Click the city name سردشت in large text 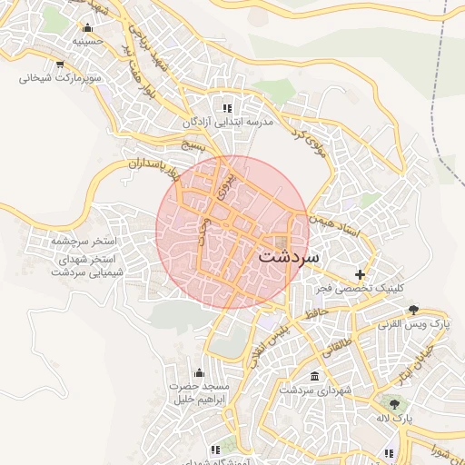click(289, 256)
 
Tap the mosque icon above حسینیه click(86, 27)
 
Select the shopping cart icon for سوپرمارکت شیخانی click(60, 64)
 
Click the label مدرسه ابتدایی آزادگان click(228, 122)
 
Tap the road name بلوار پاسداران click(137, 165)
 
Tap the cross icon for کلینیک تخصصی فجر click(361, 274)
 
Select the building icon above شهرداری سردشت click(314, 376)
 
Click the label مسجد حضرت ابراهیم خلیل click(200, 393)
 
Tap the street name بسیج click(194, 145)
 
